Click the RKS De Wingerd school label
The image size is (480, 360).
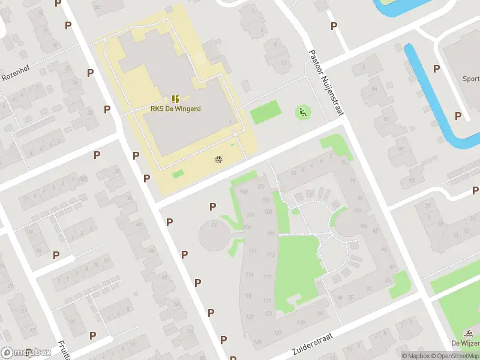click(175, 109)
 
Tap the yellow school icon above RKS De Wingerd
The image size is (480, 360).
click(175, 98)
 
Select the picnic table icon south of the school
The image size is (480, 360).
click(218, 160)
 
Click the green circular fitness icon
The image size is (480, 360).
click(302, 112)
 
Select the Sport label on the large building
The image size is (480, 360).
click(470, 79)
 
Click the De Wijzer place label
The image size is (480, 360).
click(465, 343)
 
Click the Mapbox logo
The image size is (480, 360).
click(26, 353)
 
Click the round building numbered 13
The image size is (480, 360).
click(215, 236)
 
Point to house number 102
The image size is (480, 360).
click(243, 191)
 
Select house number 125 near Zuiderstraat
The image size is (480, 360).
click(258, 341)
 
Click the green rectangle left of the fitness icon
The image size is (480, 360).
click(265, 112)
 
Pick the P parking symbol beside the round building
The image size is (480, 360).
click(212, 207)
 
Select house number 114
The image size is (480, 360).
click(249, 275)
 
